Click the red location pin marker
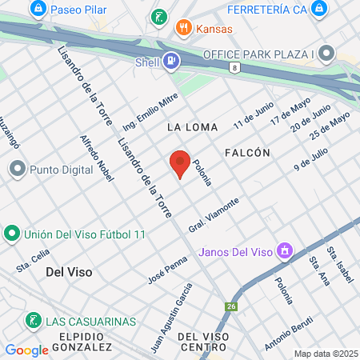click(180, 164)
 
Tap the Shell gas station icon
click(171, 60)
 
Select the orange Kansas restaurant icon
click(184, 28)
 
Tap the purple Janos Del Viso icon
click(282, 252)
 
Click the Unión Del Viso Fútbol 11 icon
click(11, 234)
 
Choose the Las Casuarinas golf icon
click(33, 321)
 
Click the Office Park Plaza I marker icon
click(326, 54)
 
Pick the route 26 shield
click(231, 306)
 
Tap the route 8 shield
click(234, 69)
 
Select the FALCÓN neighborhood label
click(247, 152)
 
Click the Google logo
click(26, 350)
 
